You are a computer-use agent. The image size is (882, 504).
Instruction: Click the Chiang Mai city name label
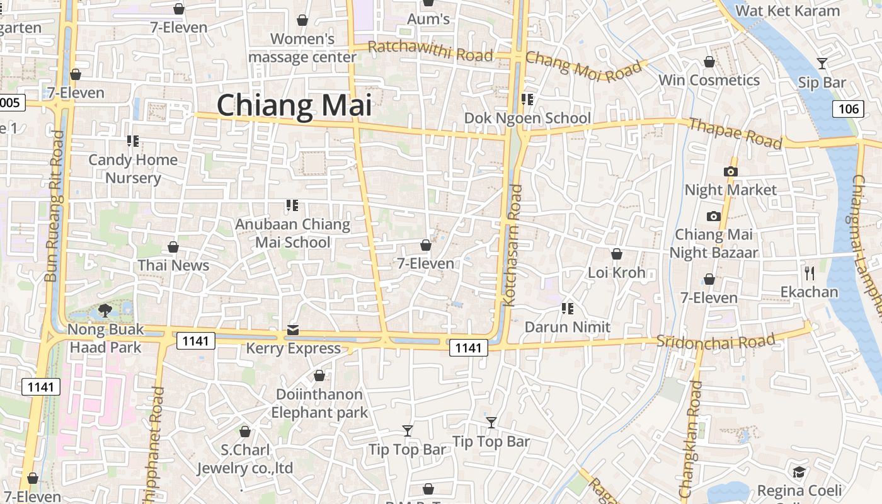[x=294, y=105]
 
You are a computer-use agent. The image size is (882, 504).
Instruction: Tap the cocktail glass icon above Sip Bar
[x=822, y=63]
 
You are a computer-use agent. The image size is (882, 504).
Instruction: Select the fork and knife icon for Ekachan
[x=810, y=273]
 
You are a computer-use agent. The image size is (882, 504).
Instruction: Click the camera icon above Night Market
[x=731, y=171]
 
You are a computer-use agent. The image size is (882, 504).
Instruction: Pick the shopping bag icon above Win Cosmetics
[x=709, y=62]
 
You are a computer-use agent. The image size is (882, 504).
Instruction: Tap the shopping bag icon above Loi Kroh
[x=617, y=254]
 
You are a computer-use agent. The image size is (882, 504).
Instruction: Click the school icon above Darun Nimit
[x=568, y=308]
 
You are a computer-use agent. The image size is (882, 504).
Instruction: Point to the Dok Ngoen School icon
[x=527, y=100]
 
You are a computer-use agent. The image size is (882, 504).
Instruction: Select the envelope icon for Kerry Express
[x=293, y=329]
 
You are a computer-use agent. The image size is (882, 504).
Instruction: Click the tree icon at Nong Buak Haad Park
[x=105, y=310]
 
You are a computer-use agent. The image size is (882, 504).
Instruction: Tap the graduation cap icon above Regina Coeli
[x=799, y=472]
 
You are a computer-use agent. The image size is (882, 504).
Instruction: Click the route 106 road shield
[x=848, y=108]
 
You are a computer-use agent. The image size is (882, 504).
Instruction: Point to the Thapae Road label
[x=735, y=133]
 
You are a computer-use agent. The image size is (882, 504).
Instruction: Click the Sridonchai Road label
[x=716, y=341]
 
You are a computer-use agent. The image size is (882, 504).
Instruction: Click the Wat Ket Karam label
[x=787, y=11]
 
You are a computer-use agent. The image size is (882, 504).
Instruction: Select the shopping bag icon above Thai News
[x=173, y=247]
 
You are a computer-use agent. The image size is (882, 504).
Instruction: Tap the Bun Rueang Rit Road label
[x=55, y=206]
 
